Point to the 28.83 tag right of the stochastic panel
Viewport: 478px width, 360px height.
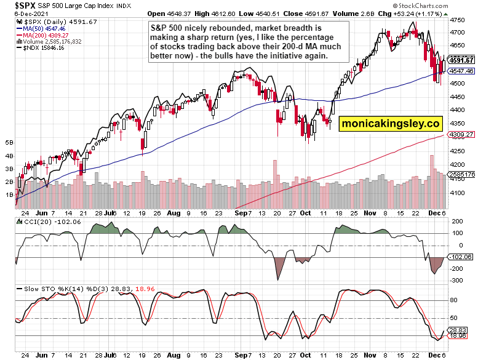(x=459, y=330)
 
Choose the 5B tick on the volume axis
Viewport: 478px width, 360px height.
(x=9, y=142)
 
